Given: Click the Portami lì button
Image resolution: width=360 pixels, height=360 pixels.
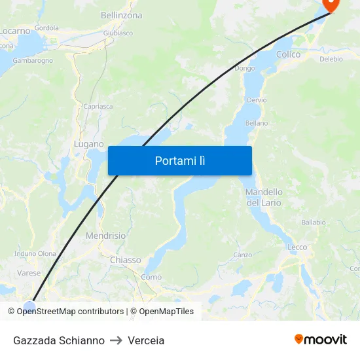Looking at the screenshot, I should [x=180, y=160].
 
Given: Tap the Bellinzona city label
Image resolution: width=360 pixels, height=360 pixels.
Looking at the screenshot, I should [x=122, y=14].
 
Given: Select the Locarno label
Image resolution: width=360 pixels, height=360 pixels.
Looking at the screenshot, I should [x=14, y=31].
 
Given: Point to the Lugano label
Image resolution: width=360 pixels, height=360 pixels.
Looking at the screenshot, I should [x=88, y=144].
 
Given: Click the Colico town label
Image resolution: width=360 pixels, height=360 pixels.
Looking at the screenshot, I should [x=289, y=55].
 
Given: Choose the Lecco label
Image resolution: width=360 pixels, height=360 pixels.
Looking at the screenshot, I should [x=297, y=247].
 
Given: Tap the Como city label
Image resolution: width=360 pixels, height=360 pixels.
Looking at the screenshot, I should [x=151, y=278].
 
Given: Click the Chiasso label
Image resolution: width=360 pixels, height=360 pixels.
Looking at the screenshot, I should [x=126, y=260].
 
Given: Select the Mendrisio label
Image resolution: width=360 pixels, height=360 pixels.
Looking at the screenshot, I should [x=105, y=236].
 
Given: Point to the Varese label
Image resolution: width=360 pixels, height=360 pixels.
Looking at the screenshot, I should [x=29, y=273].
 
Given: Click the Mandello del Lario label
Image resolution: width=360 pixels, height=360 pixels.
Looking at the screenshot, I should [x=264, y=197].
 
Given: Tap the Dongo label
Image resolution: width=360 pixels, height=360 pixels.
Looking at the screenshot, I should [x=245, y=68].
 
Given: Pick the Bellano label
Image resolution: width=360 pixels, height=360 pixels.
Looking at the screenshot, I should [x=257, y=123].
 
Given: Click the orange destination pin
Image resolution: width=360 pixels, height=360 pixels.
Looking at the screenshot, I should [x=331, y=5].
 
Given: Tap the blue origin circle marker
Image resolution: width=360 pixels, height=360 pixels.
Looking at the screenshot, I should [x=29, y=306].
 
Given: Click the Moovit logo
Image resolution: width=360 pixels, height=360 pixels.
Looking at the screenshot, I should [x=321, y=340].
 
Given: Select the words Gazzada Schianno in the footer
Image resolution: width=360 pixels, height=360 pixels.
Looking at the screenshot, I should [x=59, y=340].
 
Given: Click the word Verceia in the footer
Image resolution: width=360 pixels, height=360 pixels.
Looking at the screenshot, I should [x=146, y=340].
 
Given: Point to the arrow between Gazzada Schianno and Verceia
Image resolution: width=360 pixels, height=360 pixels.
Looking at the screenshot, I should [x=117, y=340].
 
